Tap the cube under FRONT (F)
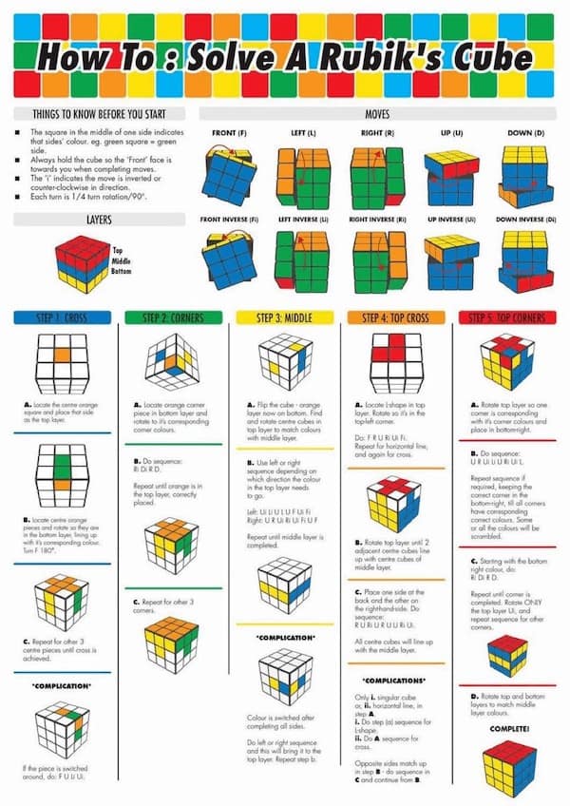(x=228, y=171)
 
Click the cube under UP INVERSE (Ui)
(x=450, y=261)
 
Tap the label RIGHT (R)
(x=378, y=133)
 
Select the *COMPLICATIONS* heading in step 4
(x=394, y=681)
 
